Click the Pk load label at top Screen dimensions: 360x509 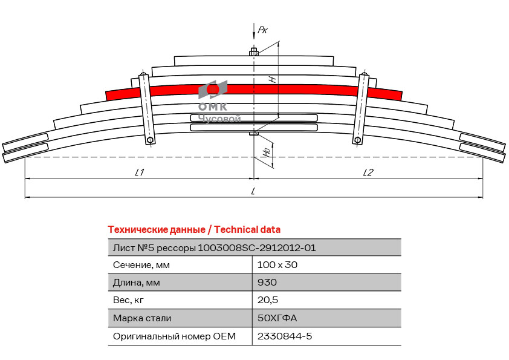tap(262, 30)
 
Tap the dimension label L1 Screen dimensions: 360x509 tap(139, 172)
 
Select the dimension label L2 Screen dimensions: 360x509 tap(368, 172)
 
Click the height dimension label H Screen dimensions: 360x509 tap(273, 79)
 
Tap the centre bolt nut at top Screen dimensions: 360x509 tap(253, 52)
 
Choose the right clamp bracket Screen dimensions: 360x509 tap(361, 109)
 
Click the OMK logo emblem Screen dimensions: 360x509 tap(213, 90)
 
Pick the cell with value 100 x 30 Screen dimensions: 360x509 tap(277, 264)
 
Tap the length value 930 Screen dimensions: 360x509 tap(267, 282)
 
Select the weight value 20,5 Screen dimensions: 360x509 tap(268, 299)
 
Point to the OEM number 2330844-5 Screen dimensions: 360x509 tap(285, 336)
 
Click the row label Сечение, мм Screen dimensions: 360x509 tap(141, 264)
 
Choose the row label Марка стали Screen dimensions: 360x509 tap(142, 318)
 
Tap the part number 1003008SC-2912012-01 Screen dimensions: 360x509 tap(257, 247)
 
